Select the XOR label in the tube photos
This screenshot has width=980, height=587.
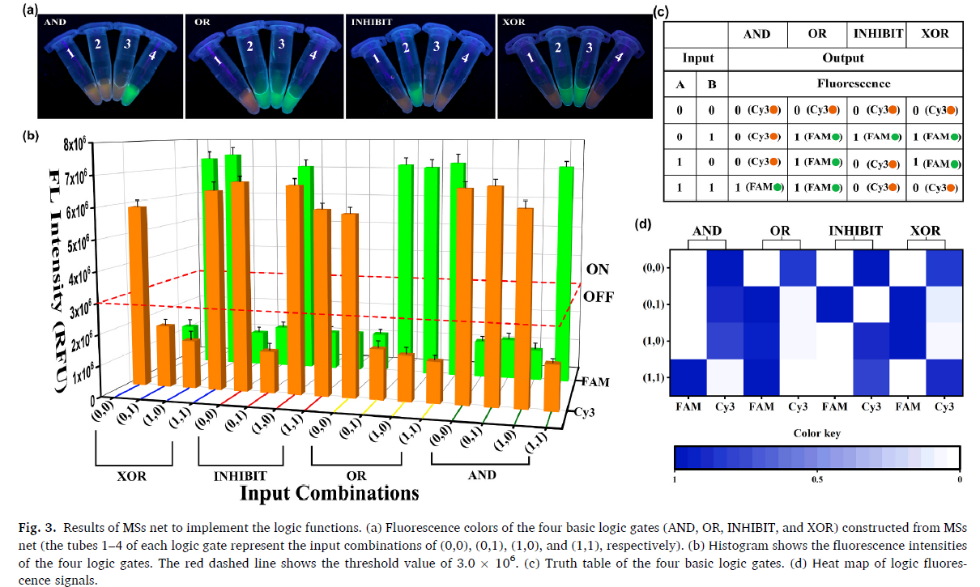pos(513,22)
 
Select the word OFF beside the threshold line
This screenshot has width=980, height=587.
pos(599,296)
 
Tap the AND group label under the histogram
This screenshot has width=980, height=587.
pos(483,475)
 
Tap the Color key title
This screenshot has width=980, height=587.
pos(816,433)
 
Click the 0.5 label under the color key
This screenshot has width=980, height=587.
pos(816,479)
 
